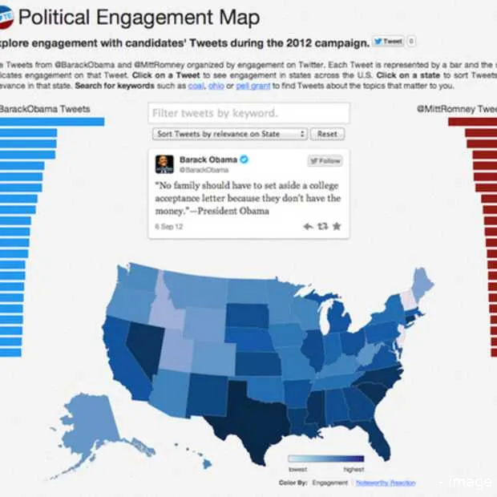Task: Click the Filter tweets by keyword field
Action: pyautogui.click(x=248, y=113)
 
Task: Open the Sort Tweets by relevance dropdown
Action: pyautogui.click(x=229, y=134)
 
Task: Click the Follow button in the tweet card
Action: pyautogui.click(x=325, y=160)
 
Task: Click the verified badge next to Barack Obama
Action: pyautogui.click(x=244, y=160)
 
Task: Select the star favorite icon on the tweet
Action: pyautogui.click(x=337, y=227)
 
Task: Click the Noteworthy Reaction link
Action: pyautogui.click(x=380, y=482)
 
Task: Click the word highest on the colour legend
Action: pyautogui.click(x=354, y=470)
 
